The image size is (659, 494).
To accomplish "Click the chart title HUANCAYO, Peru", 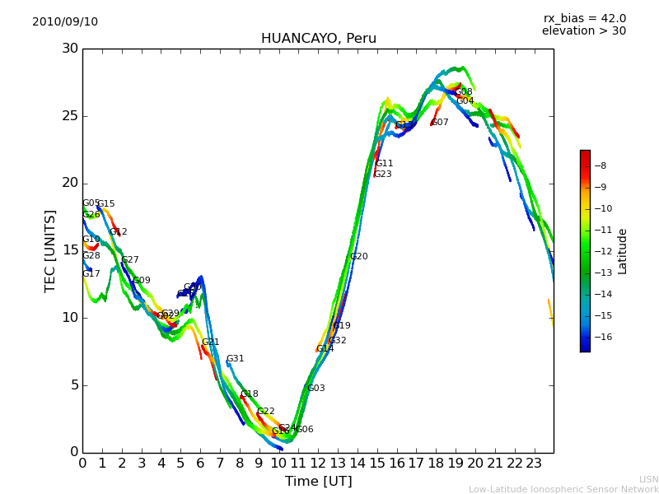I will coord(318,39).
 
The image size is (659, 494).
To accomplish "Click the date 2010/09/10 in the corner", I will coord(65,22).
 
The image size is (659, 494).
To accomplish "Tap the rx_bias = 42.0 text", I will coord(584,19).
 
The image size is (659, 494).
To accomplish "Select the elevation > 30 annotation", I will coord(583,31).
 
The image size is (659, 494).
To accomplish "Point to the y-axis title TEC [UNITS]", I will coord(50,250).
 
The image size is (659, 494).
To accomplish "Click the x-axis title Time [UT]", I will coord(318,482).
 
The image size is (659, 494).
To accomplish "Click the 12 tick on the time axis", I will coord(318,464).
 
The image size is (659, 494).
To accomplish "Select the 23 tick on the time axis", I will coord(534,464).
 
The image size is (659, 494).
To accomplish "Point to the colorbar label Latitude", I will coord(623,251).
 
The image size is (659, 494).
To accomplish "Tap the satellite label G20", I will coord(359,257).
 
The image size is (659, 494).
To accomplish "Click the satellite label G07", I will coord(440,123).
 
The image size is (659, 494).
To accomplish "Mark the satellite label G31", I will coord(235,359).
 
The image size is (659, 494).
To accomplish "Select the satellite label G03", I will coord(315,389).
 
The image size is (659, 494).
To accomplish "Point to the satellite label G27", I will coord(130,260).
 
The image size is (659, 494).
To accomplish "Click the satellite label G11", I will coord(385,164).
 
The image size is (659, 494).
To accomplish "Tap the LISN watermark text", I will coord(648,479).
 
